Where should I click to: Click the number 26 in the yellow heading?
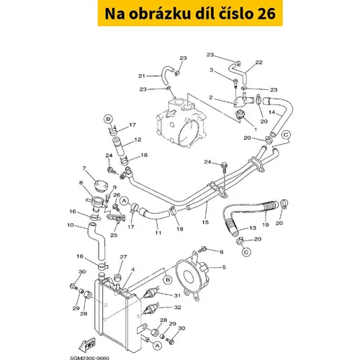coord(266,14)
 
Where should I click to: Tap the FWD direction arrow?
coord(87,344)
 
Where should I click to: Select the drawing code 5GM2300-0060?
coord(89,358)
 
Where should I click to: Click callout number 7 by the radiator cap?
coord(84,168)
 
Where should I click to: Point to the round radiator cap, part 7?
coord(102,185)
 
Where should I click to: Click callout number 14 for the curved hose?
coord(271,112)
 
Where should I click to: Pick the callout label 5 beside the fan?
coord(224,267)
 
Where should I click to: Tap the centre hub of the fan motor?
coord(189,276)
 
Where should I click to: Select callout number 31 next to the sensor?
coord(177,295)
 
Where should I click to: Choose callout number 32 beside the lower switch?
coord(177,307)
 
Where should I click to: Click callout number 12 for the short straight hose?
coord(138,140)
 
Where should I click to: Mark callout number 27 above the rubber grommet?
coord(123,257)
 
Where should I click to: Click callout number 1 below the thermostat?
coord(256,130)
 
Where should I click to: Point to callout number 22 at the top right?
coord(258,62)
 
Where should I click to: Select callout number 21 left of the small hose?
coord(142,76)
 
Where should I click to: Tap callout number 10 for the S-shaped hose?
coord(71,225)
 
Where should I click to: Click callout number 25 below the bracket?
coord(114,235)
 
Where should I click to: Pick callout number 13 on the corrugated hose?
coord(253,228)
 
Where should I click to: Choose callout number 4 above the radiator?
coord(132,269)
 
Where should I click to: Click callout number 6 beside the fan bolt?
coord(222,252)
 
